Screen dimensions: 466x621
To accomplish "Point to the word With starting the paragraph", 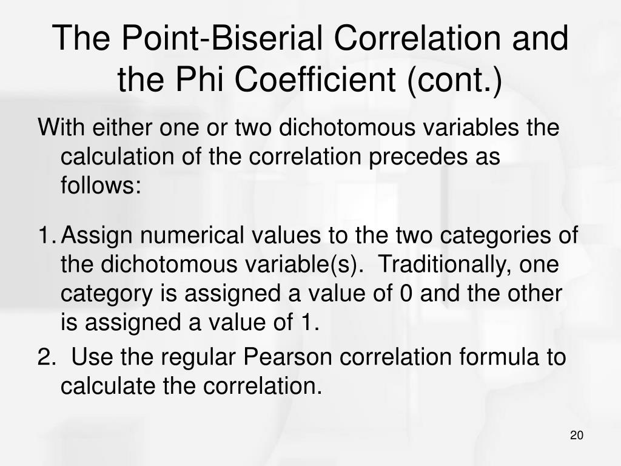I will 61,129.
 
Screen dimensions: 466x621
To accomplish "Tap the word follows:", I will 101,184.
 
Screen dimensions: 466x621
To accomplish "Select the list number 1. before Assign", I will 47,234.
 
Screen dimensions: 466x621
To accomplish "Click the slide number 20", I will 576,436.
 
